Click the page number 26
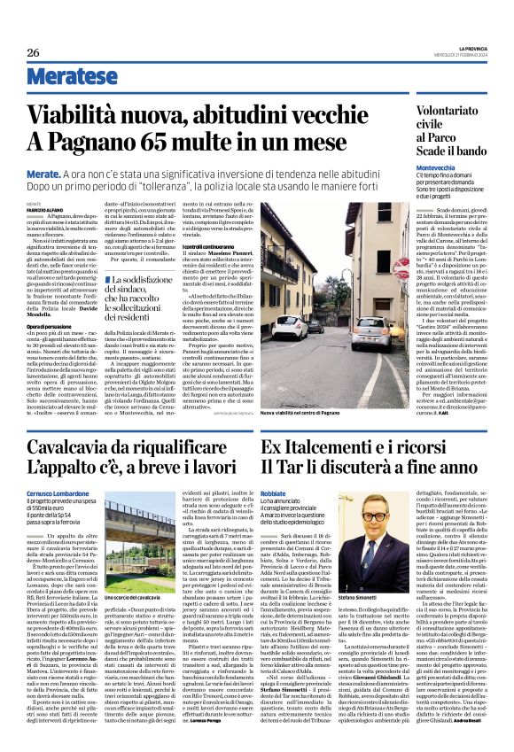33,53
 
